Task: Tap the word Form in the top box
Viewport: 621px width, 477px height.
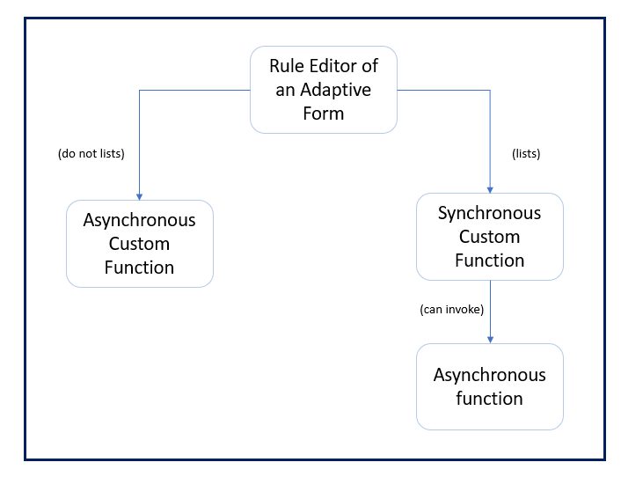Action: [324, 114]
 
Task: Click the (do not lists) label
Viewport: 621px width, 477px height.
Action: [91, 153]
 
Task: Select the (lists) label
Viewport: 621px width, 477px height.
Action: [526, 153]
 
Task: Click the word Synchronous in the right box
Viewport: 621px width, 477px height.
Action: [489, 213]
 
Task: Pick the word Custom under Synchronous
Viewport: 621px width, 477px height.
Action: [489, 237]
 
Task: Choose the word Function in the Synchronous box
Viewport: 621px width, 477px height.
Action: [489, 261]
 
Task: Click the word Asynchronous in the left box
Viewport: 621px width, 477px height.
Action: [139, 220]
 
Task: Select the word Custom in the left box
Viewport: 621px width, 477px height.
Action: [139, 244]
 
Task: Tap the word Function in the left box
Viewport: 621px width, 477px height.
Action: [139, 268]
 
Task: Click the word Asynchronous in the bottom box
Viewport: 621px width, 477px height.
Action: [489, 375]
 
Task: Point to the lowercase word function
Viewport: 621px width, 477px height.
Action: [489, 399]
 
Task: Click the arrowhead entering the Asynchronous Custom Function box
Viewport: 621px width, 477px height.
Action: [139, 195]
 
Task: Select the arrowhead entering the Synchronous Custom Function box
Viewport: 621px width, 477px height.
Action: [490, 188]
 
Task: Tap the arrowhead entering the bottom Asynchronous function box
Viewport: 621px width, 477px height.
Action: [490, 339]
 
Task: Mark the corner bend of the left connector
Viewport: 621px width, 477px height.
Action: [139, 90]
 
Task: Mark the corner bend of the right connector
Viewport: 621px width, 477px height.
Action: [490, 90]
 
